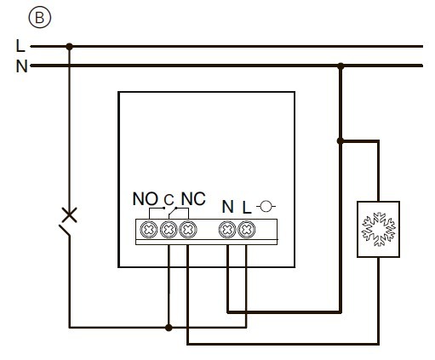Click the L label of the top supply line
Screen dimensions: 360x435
[x=21, y=46]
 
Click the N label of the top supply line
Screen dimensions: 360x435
[x=21, y=66]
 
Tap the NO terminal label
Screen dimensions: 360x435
[x=146, y=200]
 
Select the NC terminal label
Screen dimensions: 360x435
[x=193, y=200]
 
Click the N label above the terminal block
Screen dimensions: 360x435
[x=227, y=206]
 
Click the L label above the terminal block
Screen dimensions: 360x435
[x=247, y=206]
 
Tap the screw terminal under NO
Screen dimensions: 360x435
[x=147, y=229]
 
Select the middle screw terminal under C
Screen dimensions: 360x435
[x=168, y=229]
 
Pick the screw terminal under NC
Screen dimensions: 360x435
[x=188, y=229]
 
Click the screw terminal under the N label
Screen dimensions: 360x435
[x=227, y=229]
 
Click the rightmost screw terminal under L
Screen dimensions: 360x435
[x=247, y=229]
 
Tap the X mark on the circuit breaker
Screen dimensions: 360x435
[x=69, y=214]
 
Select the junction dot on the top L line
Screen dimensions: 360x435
[x=69, y=46]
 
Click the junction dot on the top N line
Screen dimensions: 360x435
[x=341, y=66]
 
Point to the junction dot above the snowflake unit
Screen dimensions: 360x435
[x=341, y=141]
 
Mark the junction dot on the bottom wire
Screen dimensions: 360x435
[x=168, y=327]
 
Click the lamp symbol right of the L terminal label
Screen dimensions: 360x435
[x=267, y=206]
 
